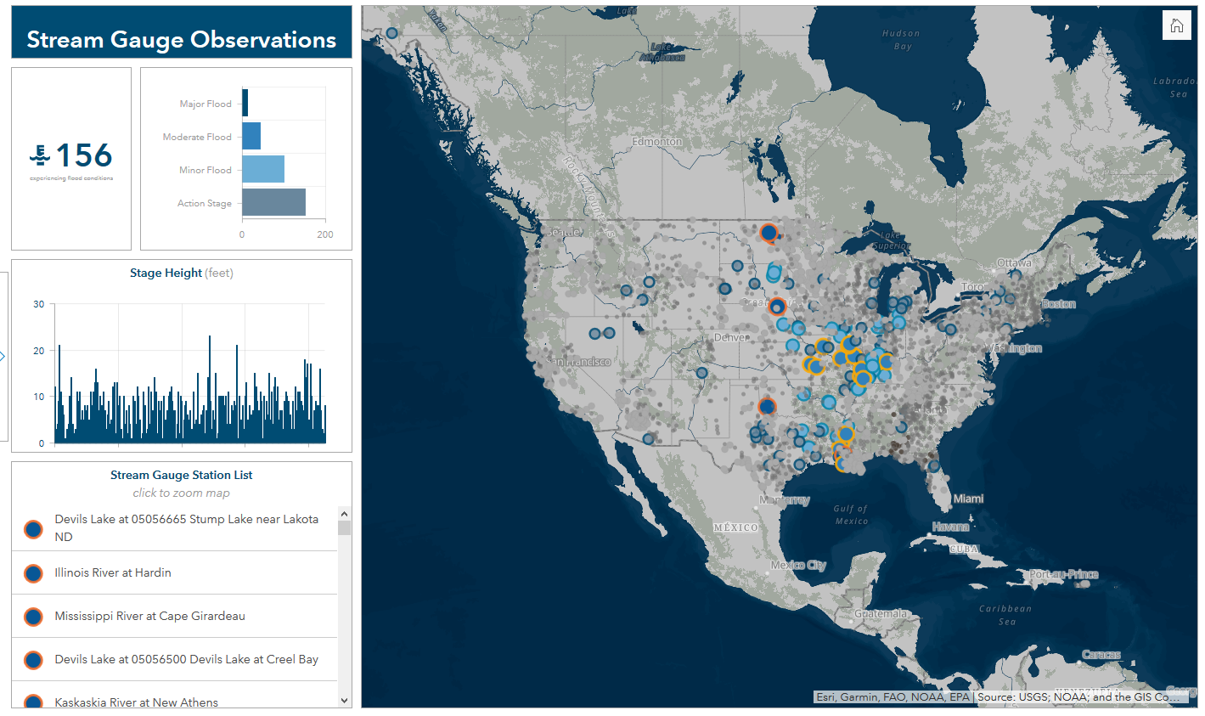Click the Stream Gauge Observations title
[x=181, y=40]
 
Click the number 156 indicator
[x=83, y=155]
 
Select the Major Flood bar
[x=245, y=104]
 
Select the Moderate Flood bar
[x=251, y=137]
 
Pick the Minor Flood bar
[x=263, y=170]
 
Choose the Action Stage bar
[x=273, y=203]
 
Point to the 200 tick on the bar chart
[x=324, y=234]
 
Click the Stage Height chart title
[x=181, y=273]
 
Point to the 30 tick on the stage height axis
[x=39, y=304]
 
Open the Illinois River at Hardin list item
[x=113, y=572]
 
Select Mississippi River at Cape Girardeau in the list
[x=149, y=616]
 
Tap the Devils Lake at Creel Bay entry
[x=186, y=659]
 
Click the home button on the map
[x=1176, y=25]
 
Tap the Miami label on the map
[x=968, y=499]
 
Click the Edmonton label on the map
[x=656, y=141]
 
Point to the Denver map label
[x=730, y=337]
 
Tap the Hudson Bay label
[x=901, y=40]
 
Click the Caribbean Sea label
[x=1005, y=615]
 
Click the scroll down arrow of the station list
[x=344, y=701]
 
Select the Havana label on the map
[x=950, y=527]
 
